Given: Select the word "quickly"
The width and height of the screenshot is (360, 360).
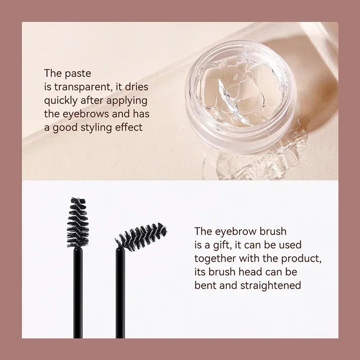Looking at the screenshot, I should tap(62, 100).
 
